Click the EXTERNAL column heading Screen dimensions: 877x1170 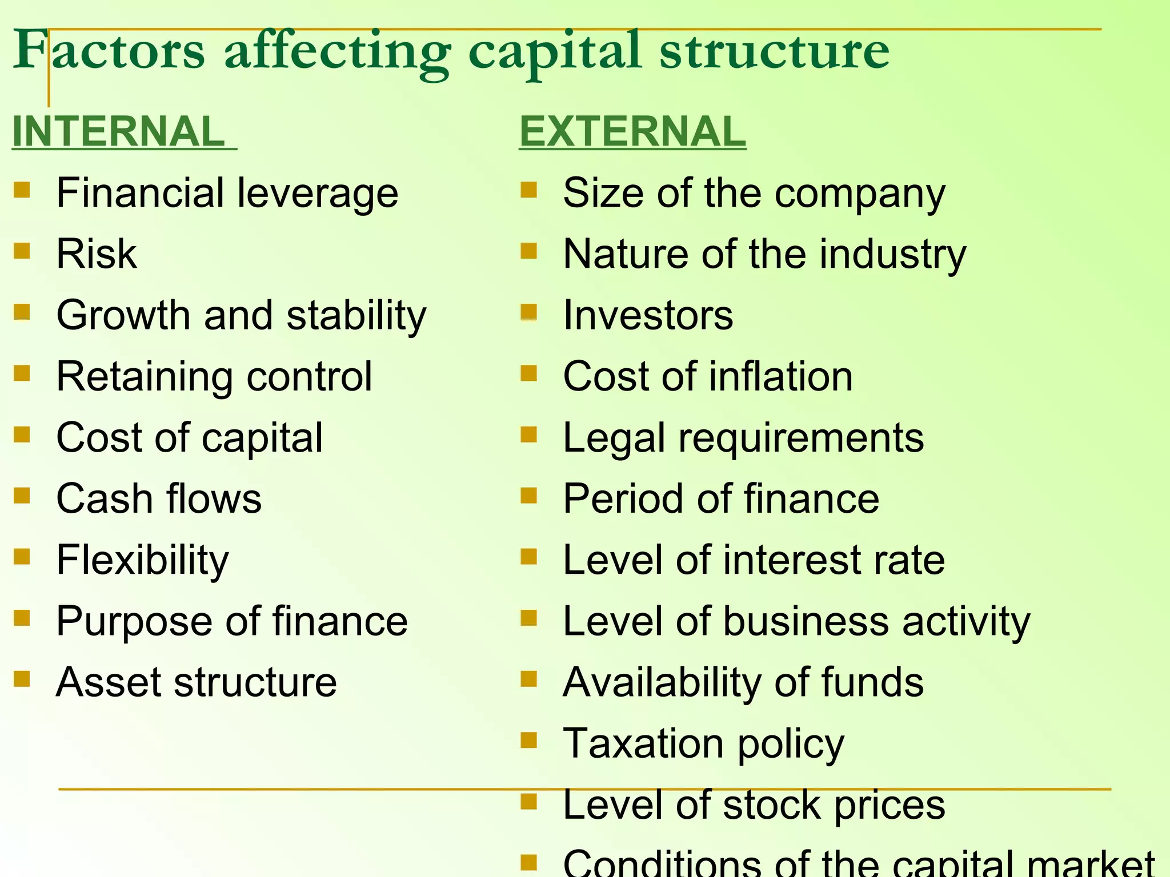tap(632, 131)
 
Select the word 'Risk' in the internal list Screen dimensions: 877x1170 tap(97, 254)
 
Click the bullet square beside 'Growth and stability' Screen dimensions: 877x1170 tap(22, 312)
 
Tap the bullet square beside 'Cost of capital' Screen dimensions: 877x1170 tap(22, 435)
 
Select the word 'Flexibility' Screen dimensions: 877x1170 tap(142, 560)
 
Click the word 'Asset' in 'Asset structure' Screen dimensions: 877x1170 tap(108, 682)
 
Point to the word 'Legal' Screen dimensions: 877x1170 tap(614, 438)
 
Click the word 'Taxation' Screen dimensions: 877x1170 tap(643, 743)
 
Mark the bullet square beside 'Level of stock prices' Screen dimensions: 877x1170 tap(529, 802)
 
